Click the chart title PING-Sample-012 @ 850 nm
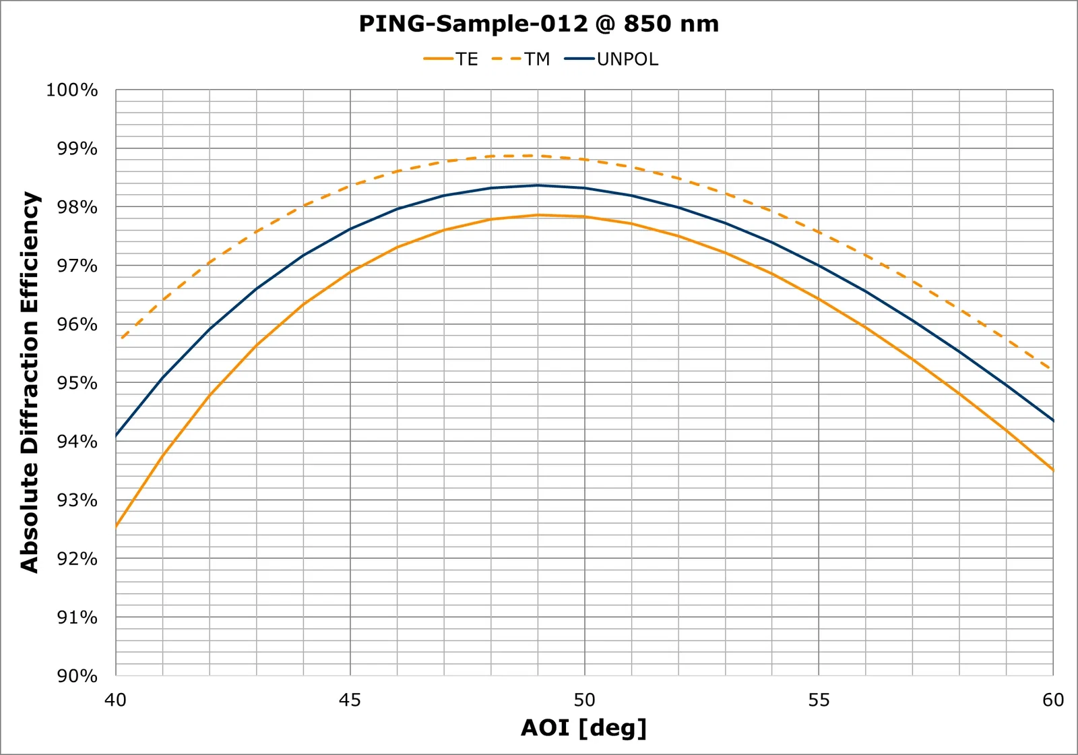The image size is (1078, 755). [538, 24]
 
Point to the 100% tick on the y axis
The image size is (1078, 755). [72, 90]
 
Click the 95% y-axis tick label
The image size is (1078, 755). [76, 383]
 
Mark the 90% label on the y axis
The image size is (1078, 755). [76, 675]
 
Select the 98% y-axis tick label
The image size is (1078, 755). [76, 208]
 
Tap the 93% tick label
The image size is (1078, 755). [76, 500]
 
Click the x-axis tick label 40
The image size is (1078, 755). [115, 700]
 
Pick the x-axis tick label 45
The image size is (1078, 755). [350, 700]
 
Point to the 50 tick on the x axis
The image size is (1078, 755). [584, 700]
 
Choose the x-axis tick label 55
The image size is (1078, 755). [819, 700]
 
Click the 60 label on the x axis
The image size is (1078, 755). [1052, 700]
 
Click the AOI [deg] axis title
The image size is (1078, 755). [583, 728]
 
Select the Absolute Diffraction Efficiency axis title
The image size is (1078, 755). [30, 382]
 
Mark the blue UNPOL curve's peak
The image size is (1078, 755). [538, 185]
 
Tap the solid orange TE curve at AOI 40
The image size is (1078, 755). [117, 526]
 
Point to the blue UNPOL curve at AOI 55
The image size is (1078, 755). [819, 266]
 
